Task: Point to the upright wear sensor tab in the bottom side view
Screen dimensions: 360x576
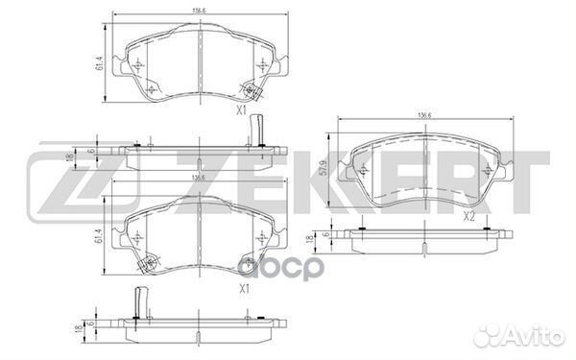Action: tap(140, 301)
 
